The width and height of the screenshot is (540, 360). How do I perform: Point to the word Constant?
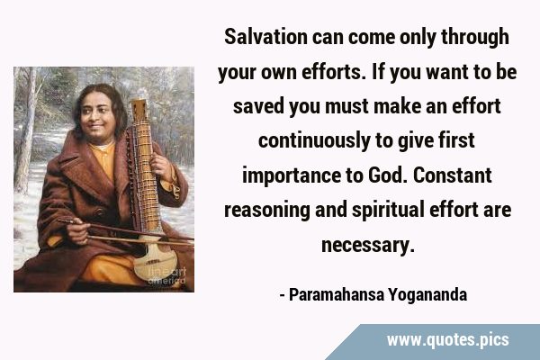pos(452,175)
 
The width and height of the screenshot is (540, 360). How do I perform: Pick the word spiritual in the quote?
pos(388,211)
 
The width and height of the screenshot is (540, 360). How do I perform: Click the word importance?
pos(292,175)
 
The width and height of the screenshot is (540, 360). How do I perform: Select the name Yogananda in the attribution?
pos(427,295)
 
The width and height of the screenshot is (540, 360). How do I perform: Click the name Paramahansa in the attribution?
pos(336,295)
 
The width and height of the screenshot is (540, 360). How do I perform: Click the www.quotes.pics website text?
pos(447,340)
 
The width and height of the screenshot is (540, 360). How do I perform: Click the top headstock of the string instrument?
pos(139,110)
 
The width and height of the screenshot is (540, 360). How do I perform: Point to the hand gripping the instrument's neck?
pos(161,164)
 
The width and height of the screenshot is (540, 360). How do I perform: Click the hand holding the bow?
pos(77,230)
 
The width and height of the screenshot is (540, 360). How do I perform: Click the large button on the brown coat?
pos(100,211)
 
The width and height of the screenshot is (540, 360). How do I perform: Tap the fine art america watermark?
pos(167,276)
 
